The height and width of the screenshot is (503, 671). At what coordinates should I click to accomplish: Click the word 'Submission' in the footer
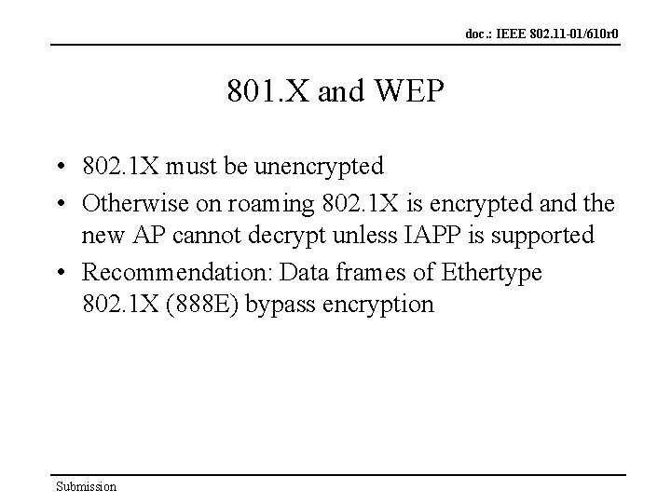tap(86, 486)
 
